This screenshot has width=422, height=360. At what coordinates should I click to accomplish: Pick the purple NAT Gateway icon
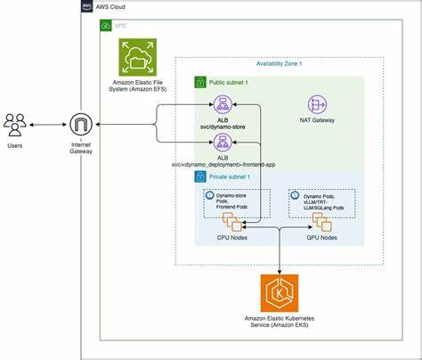(317, 104)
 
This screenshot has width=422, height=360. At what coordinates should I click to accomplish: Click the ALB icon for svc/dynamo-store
(214, 104)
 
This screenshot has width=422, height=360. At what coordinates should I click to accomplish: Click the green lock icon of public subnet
(201, 82)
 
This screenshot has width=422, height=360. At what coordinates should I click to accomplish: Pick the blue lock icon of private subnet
(201, 176)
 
